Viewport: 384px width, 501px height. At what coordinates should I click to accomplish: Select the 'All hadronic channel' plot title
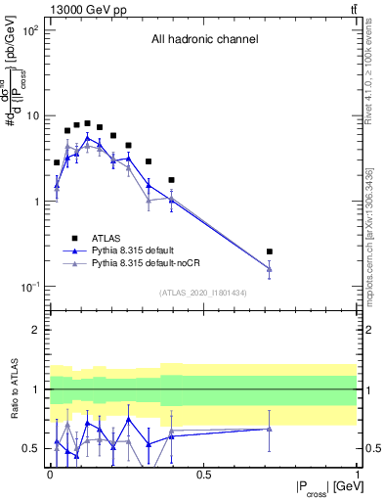[204, 40]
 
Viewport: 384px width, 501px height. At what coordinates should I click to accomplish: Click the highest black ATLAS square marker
[87, 124]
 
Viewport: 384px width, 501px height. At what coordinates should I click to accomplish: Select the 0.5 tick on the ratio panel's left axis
[36, 448]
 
